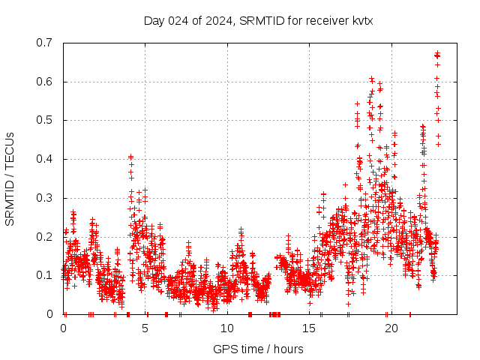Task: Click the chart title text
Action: tap(258, 21)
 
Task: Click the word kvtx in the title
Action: tap(361, 21)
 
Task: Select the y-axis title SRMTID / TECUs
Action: tap(10, 179)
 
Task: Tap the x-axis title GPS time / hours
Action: tap(258, 349)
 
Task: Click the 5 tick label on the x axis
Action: tap(145, 328)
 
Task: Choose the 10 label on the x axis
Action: tap(227, 328)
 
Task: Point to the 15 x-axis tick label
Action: tap(310, 328)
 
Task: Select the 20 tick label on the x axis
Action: tap(391, 328)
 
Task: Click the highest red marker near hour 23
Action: tap(437, 53)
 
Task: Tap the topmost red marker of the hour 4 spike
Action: tap(130, 157)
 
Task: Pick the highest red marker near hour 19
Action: tap(371, 78)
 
